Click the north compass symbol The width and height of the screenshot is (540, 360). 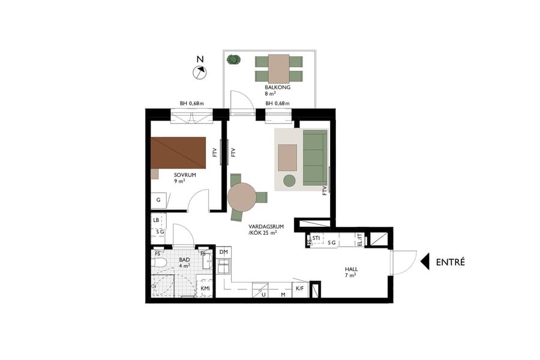(199, 73)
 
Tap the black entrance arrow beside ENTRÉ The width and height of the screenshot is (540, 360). (425, 262)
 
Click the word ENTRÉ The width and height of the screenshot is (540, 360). (451, 262)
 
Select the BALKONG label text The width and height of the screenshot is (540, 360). (277, 88)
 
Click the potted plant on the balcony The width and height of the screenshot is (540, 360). (233, 60)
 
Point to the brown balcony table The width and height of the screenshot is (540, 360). (278, 68)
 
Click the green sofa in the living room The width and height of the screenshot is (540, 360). (314, 158)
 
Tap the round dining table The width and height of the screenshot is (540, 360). (242, 197)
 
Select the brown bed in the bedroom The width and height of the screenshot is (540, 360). (179, 153)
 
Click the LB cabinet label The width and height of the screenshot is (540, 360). (156, 220)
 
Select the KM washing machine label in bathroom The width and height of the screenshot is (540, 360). (205, 289)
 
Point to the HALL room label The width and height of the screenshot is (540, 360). (351, 269)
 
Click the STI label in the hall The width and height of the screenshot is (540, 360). (316, 239)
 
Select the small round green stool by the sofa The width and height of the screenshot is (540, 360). (290, 180)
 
